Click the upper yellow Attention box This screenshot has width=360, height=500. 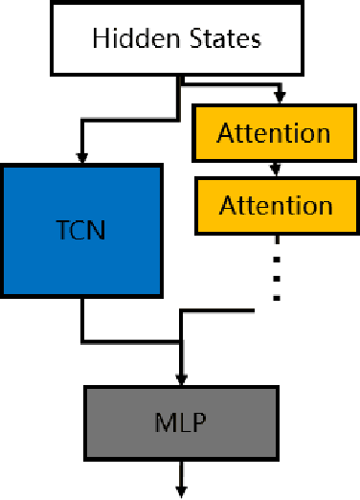[275, 132]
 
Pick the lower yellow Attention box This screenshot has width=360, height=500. [275, 204]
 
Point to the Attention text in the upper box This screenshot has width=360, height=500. [275, 132]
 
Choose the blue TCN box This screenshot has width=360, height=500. [80, 230]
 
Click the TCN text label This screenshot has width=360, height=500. [80, 230]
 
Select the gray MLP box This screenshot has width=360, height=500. [181, 420]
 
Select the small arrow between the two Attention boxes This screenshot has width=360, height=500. [276, 169]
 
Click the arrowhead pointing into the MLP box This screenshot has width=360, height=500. [181, 379]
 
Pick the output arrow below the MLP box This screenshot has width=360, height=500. [181, 479]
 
